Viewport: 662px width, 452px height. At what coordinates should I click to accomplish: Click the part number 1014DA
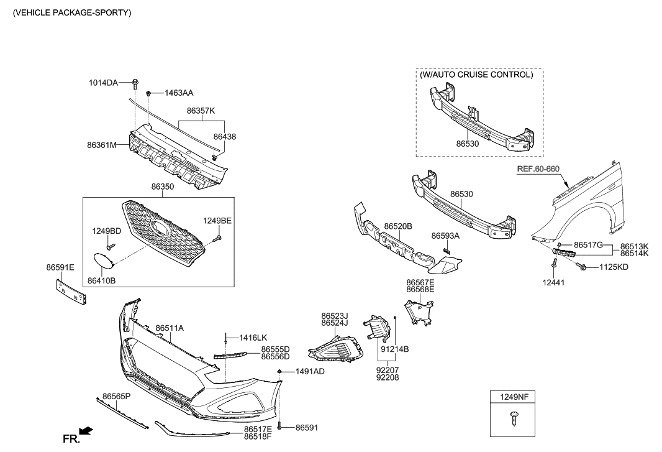102,82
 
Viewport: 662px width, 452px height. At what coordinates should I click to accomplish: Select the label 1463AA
178,93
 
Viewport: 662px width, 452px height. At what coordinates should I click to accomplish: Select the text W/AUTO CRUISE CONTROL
476,75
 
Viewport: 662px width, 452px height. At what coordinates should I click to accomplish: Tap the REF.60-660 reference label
538,168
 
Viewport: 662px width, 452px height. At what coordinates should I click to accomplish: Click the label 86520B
398,226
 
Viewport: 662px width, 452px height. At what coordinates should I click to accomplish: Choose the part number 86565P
116,396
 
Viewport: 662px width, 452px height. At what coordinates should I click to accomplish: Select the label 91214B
394,349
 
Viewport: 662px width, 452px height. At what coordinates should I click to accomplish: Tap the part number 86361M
102,145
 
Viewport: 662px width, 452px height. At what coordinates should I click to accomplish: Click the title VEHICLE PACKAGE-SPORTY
72,12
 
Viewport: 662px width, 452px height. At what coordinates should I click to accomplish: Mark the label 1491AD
309,371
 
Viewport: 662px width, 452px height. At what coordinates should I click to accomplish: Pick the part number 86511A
170,328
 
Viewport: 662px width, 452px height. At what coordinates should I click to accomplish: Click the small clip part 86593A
445,250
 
